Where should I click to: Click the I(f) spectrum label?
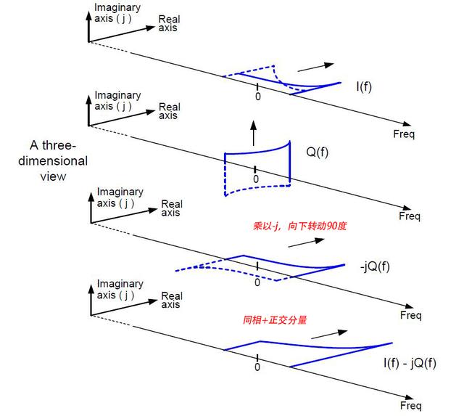tap(364, 86)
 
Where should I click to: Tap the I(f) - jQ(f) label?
tap(410, 362)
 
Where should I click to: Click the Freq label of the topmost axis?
tap(403, 134)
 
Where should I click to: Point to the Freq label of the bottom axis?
tap(410, 406)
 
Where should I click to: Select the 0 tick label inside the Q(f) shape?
tap(255, 179)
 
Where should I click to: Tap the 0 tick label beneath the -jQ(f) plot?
tap(257, 282)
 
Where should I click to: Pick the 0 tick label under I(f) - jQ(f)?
tap(258, 367)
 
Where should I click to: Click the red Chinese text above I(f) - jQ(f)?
tap(275, 319)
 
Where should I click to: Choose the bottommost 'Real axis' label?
tap(171, 300)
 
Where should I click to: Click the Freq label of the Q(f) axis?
tap(410, 216)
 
